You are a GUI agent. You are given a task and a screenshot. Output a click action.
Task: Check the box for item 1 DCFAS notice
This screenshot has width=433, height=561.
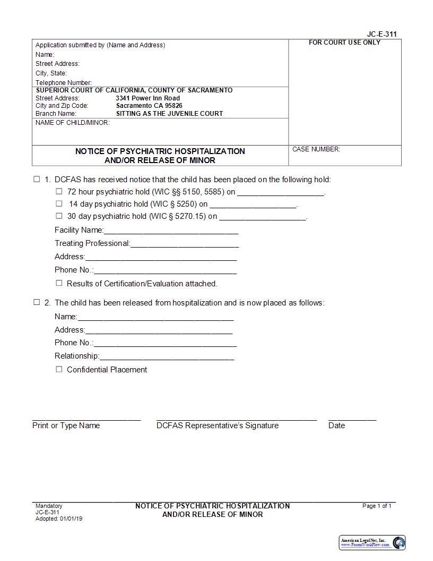(37, 179)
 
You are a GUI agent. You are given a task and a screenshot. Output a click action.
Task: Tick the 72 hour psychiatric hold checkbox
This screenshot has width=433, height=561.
(59, 191)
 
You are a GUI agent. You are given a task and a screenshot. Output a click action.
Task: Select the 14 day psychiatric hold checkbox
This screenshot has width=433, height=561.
(59, 203)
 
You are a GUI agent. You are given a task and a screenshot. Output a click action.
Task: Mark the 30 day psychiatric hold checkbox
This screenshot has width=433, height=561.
(59, 216)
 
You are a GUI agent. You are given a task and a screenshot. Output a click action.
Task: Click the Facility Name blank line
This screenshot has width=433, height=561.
(171, 231)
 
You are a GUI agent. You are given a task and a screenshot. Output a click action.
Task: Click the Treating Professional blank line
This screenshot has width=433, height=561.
(184, 244)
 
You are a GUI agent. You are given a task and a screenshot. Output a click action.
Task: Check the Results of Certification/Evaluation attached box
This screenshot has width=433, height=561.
(59, 283)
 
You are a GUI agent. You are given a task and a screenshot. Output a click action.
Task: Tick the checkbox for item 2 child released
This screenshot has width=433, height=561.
(37, 302)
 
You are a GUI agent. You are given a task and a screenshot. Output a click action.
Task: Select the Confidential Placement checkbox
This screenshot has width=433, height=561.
(59, 369)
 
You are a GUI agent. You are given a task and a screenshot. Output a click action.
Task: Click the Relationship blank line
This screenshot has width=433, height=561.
(167, 357)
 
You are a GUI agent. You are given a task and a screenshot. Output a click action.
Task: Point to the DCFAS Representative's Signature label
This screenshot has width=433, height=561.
(217, 426)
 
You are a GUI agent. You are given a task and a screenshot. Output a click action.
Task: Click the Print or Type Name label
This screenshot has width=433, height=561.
(66, 426)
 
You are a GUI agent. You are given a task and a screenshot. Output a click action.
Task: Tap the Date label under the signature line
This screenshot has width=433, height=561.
(336, 426)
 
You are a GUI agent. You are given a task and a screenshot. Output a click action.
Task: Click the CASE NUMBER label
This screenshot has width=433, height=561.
(316, 149)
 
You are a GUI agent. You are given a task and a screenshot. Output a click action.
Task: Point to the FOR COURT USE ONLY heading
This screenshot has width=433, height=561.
(344, 42)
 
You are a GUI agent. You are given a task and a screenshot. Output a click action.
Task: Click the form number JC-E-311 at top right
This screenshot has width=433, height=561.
(382, 34)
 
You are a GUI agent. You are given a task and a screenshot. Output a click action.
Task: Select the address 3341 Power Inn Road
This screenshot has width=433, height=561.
(148, 98)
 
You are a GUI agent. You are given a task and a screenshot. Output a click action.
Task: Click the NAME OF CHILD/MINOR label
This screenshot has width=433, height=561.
(73, 123)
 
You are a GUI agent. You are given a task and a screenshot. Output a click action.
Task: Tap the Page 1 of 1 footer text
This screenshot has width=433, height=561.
(377, 506)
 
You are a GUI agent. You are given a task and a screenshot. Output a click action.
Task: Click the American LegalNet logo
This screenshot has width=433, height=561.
(372, 542)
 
